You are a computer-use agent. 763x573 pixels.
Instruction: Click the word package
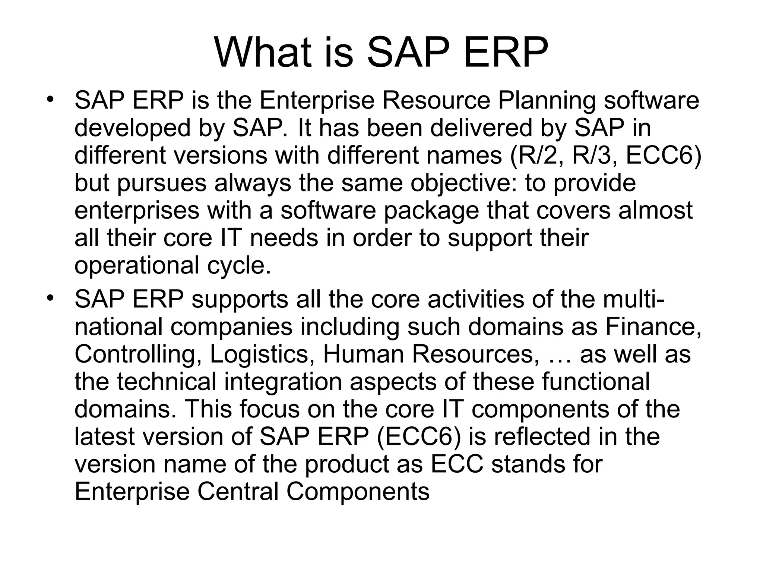point(431,211)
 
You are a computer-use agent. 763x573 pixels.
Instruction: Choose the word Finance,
point(653,327)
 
